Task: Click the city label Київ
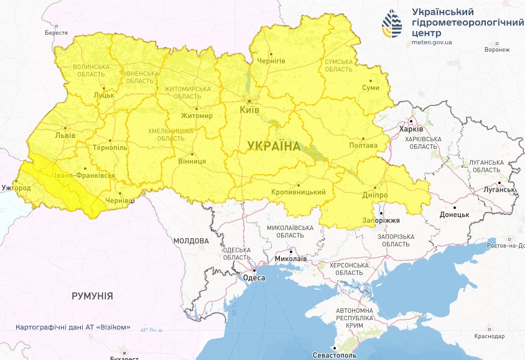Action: coord(249,110)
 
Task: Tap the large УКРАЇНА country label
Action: coord(274,146)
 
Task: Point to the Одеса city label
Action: coord(254,279)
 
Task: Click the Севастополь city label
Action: coord(335,356)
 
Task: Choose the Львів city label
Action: coord(65,135)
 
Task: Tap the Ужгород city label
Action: coord(16,187)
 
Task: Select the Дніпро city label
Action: coord(374,195)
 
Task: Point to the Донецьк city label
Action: coord(454,215)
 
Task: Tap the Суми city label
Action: coord(371,88)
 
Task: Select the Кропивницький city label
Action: coord(299,192)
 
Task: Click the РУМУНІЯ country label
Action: coord(92,296)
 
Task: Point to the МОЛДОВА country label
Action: coord(191,241)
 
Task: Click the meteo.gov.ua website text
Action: coord(432,42)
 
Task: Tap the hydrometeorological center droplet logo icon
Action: coord(392,24)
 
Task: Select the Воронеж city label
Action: coord(496,50)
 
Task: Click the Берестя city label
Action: coord(56,32)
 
